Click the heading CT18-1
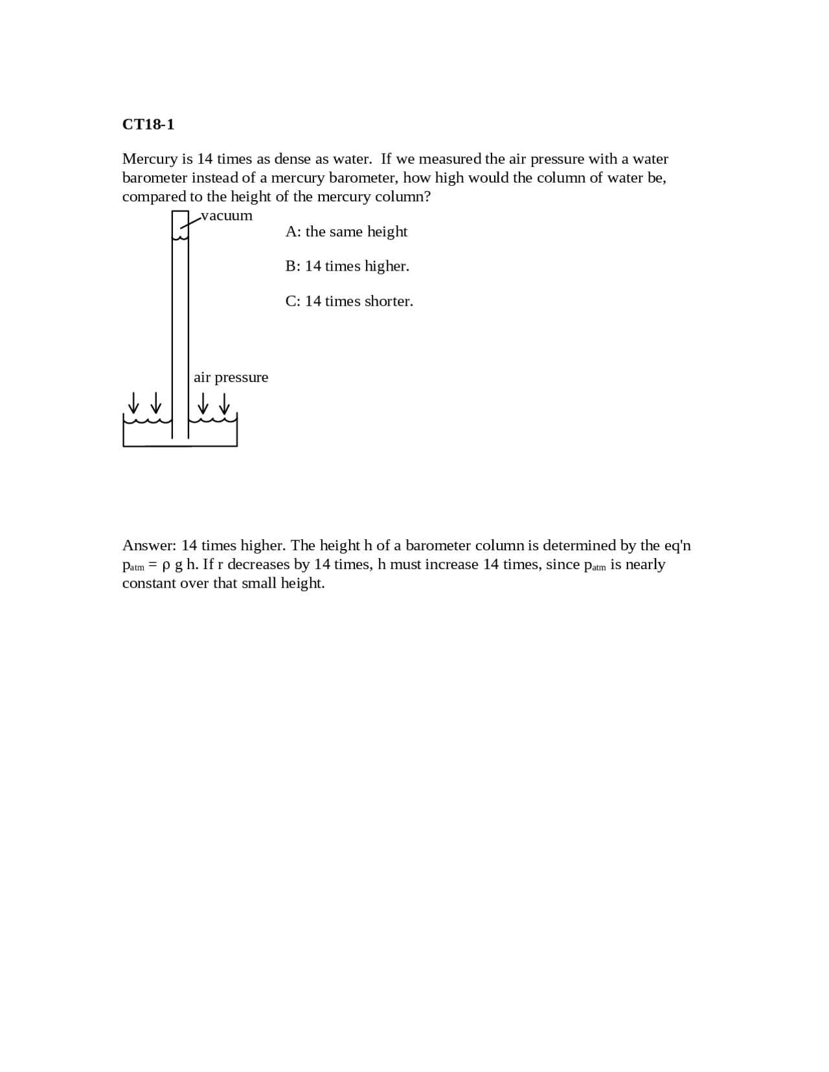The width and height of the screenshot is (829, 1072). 148,124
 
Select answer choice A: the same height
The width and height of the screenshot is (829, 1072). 346,232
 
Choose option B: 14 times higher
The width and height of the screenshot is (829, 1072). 347,266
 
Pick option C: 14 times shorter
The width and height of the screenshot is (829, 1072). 349,301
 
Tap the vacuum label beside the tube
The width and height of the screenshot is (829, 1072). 227,216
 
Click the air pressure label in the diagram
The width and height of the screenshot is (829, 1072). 231,377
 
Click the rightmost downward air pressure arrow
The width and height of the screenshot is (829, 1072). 224,403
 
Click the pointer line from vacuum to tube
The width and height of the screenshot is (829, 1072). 190,221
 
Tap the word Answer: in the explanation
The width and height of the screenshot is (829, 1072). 149,546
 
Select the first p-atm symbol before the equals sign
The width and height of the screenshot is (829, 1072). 133,566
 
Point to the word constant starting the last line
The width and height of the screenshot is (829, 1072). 146,583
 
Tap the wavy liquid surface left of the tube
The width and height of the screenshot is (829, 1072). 148,421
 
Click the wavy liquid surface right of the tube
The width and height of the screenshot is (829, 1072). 213,421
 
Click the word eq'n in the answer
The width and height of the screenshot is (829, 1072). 677,546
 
